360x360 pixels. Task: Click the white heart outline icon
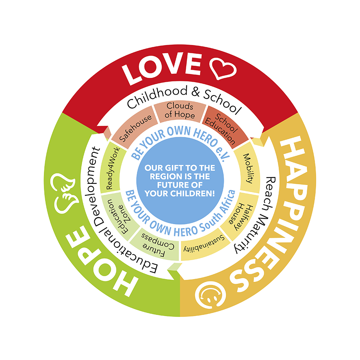pos(223,68)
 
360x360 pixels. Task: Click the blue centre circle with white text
pos(180,180)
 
